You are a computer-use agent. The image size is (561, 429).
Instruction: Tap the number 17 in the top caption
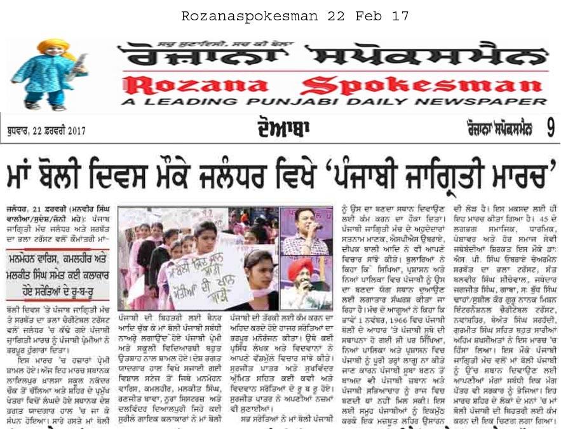pos(400,16)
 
